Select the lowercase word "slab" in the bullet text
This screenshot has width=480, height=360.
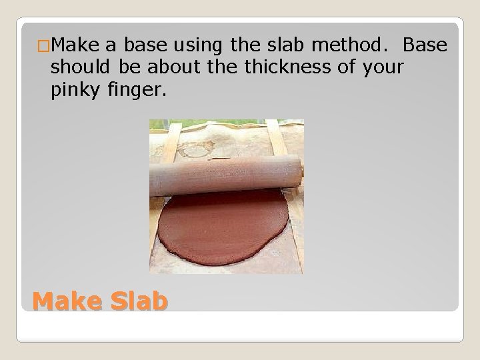pos(283,46)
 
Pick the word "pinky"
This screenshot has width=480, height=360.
pos(75,91)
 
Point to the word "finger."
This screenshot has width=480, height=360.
pos(135,91)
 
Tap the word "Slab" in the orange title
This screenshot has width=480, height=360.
pos(137,301)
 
